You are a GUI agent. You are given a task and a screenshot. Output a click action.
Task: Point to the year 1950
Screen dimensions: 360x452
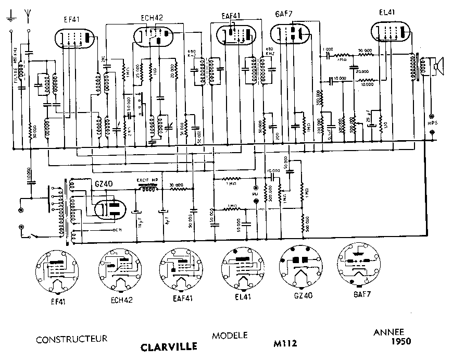coord(401,342)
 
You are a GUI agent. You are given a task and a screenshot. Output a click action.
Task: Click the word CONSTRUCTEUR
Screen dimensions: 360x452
coord(72,339)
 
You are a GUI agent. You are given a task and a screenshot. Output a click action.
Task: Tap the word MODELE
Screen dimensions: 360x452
coord(230,336)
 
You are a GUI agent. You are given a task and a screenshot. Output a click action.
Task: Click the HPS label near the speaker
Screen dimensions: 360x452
coord(432,123)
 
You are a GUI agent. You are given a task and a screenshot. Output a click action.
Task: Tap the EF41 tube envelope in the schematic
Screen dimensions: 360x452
coord(76,38)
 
